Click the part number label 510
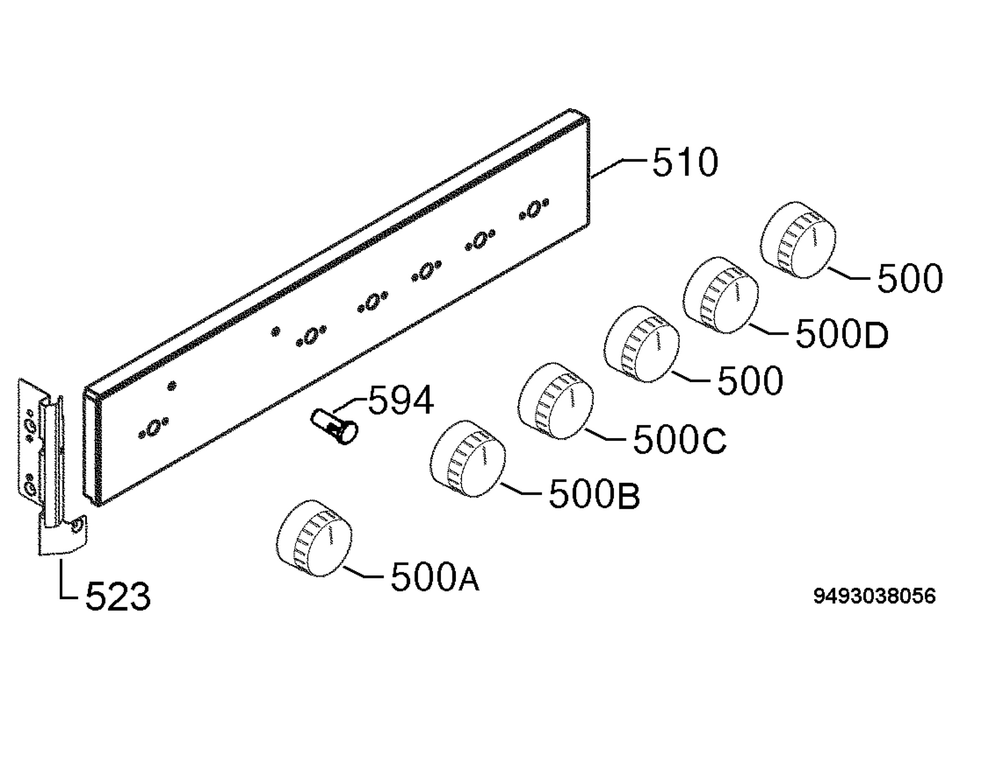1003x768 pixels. tap(685, 162)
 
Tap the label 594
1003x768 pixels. tap(401, 400)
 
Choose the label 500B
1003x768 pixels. tap(594, 494)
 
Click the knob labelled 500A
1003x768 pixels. tap(314, 538)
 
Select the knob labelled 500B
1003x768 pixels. tap(468, 459)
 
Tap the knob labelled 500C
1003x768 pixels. tap(556, 401)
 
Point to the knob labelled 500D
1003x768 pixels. tap(721, 295)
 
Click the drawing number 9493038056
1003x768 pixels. tap(874, 596)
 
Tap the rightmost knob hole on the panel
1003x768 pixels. tap(534, 210)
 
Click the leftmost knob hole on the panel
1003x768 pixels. tap(154, 428)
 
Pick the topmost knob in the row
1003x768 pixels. tap(798, 240)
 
